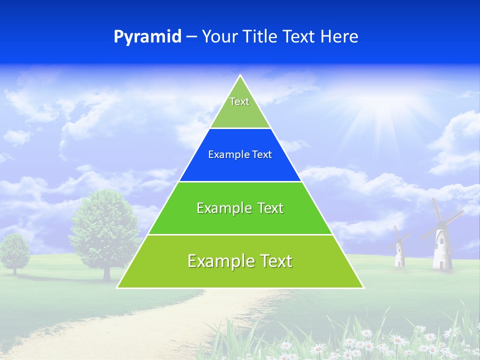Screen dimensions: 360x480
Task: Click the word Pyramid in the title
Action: tap(147, 37)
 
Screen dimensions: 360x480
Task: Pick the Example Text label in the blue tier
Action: tap(240, 154)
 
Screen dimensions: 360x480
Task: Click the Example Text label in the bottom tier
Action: tap(240, 261)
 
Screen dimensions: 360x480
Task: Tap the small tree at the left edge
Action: tap(14, 252)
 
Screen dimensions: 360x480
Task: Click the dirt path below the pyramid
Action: tap(165, 320)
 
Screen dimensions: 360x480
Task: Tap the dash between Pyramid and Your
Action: tap(191, 37)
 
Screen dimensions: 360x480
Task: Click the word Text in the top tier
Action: tap(239, 101)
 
